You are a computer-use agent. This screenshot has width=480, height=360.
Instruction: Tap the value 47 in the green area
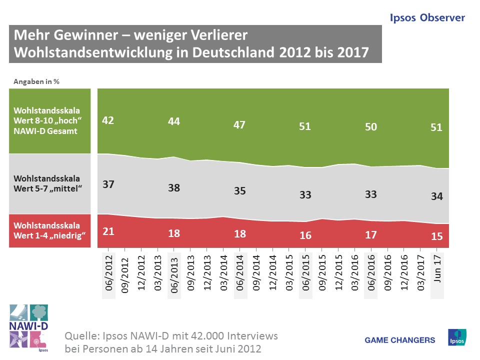point(239,124)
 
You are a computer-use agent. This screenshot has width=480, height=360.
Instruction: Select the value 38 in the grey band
point(174,188)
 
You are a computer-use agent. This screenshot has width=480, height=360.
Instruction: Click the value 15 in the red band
point(436,236)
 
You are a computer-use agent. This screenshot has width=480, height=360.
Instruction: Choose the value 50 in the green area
point(370,127)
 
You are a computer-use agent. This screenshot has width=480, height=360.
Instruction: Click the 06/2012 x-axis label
point(109,275)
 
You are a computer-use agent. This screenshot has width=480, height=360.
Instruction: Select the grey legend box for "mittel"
point(49,183)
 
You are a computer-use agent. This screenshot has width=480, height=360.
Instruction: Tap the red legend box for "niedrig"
point(49,230)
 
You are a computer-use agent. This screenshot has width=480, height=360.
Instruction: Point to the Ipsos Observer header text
point(427,18)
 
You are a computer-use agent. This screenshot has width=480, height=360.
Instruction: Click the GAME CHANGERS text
point(400,340)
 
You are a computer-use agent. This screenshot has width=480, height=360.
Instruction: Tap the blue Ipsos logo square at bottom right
point(457,337)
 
